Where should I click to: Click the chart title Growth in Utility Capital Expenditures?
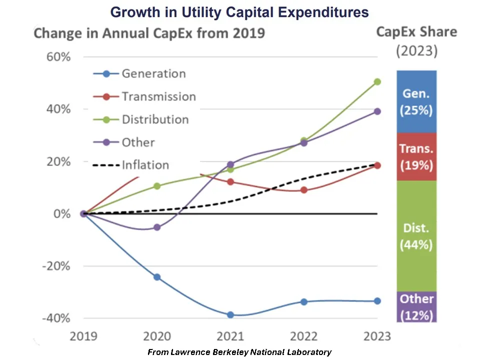point(239,12)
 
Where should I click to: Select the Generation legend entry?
point(153,73)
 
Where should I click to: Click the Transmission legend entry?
point(158,96)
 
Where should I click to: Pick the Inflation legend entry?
point(145,165)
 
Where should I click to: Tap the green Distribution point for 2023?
point(377,81)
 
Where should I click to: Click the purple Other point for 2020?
point(157,227)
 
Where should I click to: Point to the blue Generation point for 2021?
point(230,314)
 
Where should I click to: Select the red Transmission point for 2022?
point(304,190)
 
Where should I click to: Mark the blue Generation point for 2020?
point(157,276)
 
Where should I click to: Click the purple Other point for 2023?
point(377,111)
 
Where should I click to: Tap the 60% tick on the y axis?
point(58,56)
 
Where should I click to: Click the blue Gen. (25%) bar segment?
point(416,101)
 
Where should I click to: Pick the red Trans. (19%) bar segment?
point(416,156)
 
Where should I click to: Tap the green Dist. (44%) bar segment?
point(416,236)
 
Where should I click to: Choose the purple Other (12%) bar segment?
point(416,307)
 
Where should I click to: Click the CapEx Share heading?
point(416,32)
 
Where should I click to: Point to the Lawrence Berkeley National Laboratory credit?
point(239,352)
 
